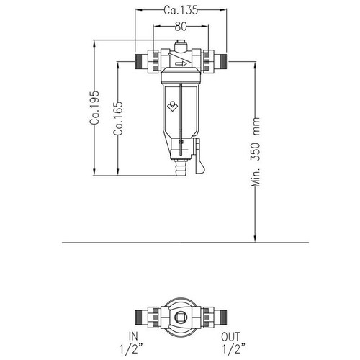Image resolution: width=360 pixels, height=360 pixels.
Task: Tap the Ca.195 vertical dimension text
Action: tap(94, 108)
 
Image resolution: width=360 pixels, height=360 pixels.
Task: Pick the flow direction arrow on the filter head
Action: tap(181, 62)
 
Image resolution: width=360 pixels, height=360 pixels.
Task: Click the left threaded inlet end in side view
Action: tap(137, 60)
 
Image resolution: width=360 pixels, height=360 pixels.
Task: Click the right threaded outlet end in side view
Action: tap(223, 60)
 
